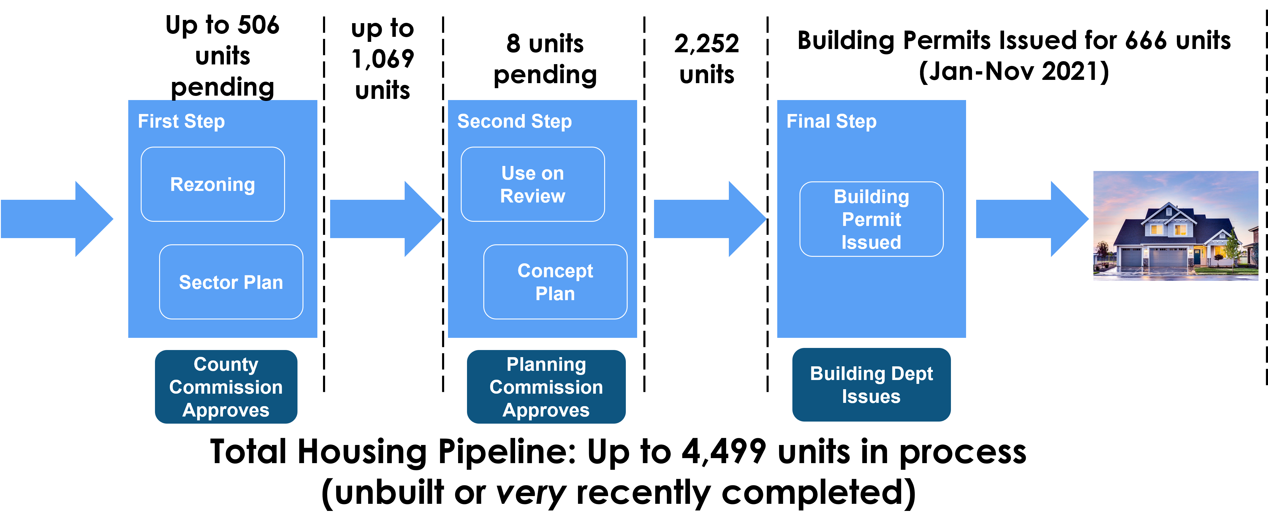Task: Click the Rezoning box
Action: click(213, 184)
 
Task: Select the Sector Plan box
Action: click(231, 282)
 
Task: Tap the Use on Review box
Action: click(533, 184)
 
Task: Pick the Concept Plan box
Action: click(555, 282)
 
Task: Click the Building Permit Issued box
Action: click(871, 219)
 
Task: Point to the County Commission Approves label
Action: click(226, 387)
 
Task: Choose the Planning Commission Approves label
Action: click(546, 387)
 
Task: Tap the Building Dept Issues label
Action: click(871, 385)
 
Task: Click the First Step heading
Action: click(181, 121)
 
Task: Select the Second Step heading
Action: click(515, 121)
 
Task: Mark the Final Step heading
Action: click(831, 121)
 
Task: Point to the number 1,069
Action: click(382, 59)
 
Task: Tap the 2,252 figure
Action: click(706, 43)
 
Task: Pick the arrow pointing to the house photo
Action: click(1032, 219)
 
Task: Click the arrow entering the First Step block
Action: click(57, 219)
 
